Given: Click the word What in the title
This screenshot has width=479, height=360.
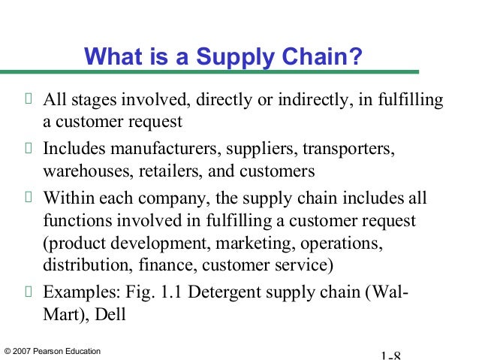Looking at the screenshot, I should [x=110, y=57].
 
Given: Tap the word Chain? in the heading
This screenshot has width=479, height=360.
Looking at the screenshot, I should [x=331, y=57].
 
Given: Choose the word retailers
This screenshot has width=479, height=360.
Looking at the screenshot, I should [x=167, y=171].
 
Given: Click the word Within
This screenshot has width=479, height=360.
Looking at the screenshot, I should [x=66, y=199].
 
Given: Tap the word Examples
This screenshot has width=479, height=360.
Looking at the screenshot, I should [x=75, y=294].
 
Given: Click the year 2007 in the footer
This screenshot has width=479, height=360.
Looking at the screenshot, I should [x=23, y=351].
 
